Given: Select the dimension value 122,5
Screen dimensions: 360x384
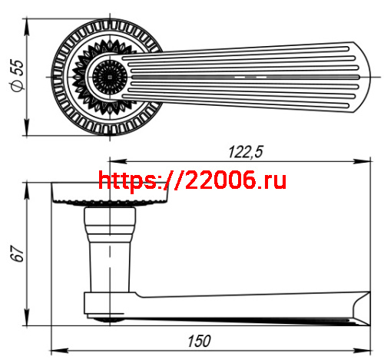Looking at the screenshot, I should tap(245, 152).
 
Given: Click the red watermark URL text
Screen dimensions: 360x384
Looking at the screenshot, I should tap(193, 180).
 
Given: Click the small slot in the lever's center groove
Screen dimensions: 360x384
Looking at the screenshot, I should tap(251, 78).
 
